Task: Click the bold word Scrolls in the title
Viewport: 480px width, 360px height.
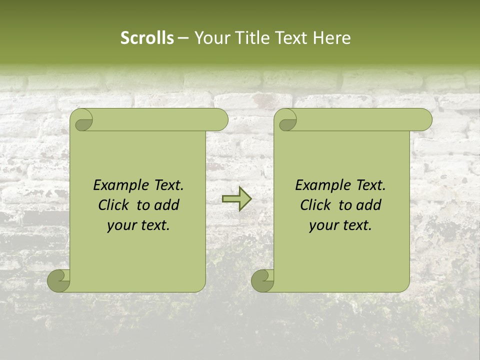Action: (x=147, y=38)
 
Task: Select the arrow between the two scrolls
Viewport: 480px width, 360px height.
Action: (x=236, y=198)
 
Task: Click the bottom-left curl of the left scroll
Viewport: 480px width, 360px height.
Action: (x=58, y=280)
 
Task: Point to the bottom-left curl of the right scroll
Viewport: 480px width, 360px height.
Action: (x=262, y=280)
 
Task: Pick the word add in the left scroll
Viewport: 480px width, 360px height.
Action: (x=167, y=205)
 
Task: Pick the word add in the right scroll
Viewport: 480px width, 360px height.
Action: (x=369, y=205)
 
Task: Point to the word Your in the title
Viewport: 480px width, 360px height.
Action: (x=209, y=38)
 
